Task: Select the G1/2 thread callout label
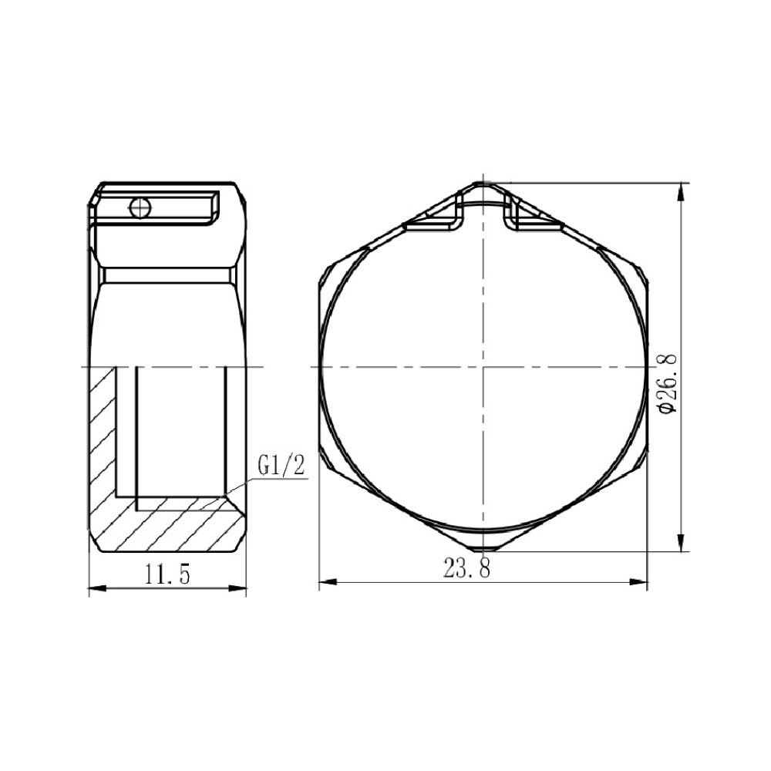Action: pyautogui.click(x=281, y=466)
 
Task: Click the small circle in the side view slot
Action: pyautogui.click(x=140, y=207)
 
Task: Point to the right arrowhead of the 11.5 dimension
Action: pyautogui.click(x=241, y=591)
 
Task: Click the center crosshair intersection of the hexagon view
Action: pyautogui.click(x=483, y=367)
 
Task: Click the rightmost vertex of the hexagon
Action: pyautogui.click(x=648, y=367)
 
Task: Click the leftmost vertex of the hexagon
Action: pyautogui.click(x=318, y=367)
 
